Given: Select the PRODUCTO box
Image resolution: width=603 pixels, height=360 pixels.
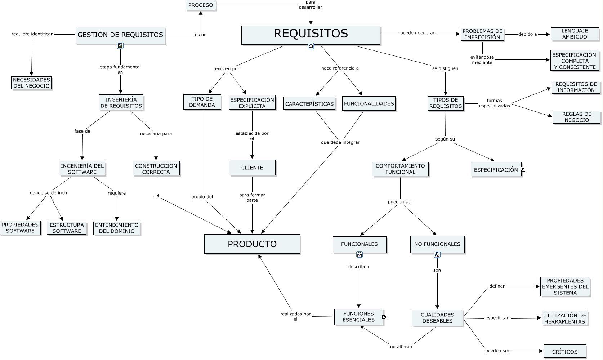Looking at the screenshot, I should (252, 244).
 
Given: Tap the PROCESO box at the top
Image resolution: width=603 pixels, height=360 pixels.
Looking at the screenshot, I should (201, 5).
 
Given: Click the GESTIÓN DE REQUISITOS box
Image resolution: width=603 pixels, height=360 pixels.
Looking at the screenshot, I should (120, 35).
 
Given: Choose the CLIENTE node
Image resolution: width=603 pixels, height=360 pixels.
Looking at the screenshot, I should (252, 168).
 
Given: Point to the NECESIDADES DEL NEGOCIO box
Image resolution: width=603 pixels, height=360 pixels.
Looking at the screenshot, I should (31, 83).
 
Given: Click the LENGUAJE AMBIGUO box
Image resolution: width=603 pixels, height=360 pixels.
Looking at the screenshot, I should (574, 34).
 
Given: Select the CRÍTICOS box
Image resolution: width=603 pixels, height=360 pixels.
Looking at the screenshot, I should (564, 352).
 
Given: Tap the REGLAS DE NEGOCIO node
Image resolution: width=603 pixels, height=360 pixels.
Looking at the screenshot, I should (576, 117).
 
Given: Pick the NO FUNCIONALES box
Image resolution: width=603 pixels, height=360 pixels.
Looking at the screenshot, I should (437, 244).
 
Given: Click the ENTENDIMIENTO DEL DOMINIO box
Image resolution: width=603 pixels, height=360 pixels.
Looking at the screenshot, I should (116, 228).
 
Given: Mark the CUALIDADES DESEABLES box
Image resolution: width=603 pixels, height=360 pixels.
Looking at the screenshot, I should (437, 318).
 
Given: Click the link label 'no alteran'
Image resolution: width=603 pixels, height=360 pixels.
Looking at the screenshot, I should (401, 347).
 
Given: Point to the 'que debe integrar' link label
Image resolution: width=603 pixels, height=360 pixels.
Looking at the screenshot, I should (340, 142).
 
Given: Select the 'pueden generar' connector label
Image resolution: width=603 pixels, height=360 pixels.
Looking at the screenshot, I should (417, 33).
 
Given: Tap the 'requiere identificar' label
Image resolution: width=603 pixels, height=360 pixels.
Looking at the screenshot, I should (32, 34).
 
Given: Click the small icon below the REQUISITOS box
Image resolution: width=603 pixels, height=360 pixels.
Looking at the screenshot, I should (311, 46).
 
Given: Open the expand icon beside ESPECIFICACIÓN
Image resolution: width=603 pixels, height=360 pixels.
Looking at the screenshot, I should (523, 169).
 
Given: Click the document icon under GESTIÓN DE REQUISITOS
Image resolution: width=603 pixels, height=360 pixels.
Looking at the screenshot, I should (120, 46).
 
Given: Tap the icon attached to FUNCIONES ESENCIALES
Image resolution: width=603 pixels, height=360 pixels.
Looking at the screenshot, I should (384, 317).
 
